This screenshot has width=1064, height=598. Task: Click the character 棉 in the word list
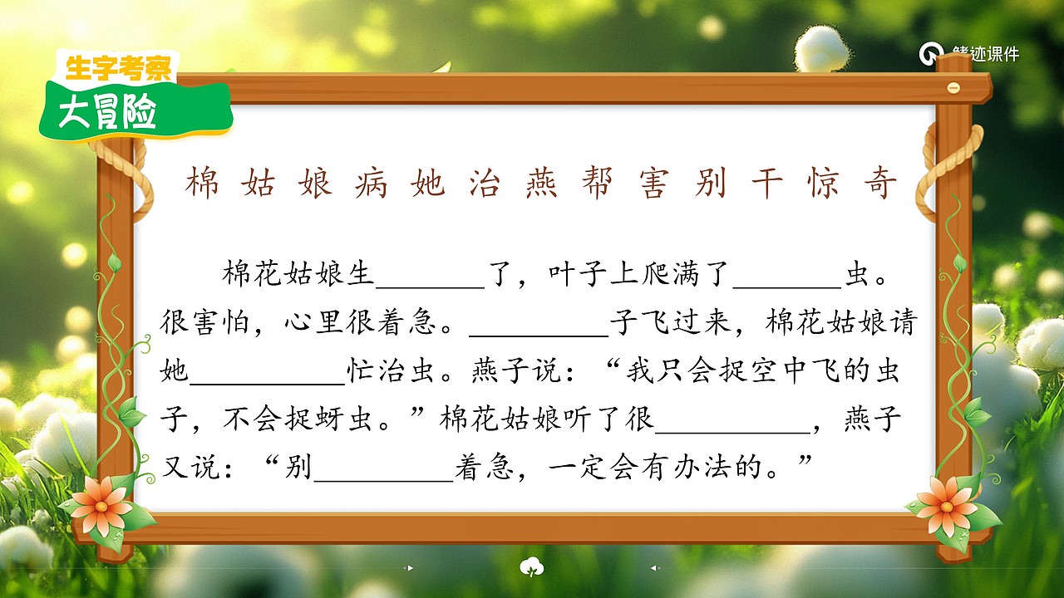(202, 183)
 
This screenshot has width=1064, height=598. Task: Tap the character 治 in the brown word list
(483, 183)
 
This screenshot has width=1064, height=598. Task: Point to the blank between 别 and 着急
(383, 470)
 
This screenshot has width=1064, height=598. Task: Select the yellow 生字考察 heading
(117, 68)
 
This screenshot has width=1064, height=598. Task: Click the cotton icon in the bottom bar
(531, 568)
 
